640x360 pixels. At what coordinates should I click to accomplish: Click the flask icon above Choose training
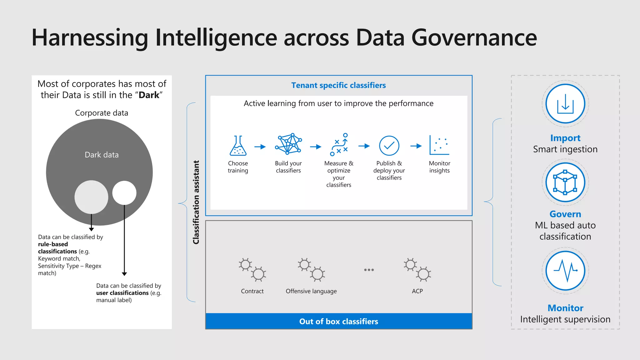point(238,146)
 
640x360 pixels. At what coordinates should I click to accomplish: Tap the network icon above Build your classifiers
point(288,144)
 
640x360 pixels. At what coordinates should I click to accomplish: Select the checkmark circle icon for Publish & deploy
point(389,146)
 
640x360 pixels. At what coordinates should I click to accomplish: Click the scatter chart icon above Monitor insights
point(439,145)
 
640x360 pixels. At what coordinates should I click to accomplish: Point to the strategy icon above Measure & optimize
point(339,145)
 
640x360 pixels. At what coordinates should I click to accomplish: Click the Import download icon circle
point(565,104)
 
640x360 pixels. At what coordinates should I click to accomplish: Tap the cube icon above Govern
point(565,182)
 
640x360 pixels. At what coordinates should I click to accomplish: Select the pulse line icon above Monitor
point(565,271)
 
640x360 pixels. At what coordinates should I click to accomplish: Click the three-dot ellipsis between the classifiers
point(369,270)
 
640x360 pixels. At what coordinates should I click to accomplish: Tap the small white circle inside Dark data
point(124,193)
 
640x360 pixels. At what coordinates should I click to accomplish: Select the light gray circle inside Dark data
point(91,197)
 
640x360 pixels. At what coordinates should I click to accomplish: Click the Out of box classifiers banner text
point(339,322)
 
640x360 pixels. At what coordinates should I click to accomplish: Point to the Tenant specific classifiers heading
point(338,85)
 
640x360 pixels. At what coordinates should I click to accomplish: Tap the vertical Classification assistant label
point(196,202)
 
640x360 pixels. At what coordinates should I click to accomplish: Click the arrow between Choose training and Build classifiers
point(260,147)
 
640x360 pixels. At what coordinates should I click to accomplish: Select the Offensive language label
point(311,291)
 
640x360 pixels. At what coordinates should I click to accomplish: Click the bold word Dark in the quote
point(149,95)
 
